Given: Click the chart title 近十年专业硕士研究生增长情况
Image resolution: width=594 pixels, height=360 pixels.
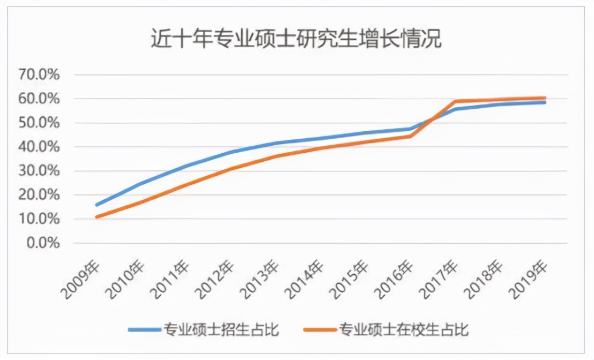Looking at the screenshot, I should [296, 39].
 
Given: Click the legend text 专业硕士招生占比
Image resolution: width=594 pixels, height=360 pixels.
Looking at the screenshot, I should [221, 329].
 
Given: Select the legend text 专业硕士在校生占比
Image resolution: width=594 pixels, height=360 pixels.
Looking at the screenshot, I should [403, 329].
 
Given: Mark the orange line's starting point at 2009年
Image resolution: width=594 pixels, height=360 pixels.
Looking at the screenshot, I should [96, 217].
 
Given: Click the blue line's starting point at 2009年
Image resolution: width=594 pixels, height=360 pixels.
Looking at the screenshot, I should [96, 205].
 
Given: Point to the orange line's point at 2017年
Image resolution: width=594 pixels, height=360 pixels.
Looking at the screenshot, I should [456, 101].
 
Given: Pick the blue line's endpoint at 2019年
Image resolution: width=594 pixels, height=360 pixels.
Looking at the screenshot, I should [545, 102].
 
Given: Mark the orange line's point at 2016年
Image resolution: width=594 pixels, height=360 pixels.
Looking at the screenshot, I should [411, 136].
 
